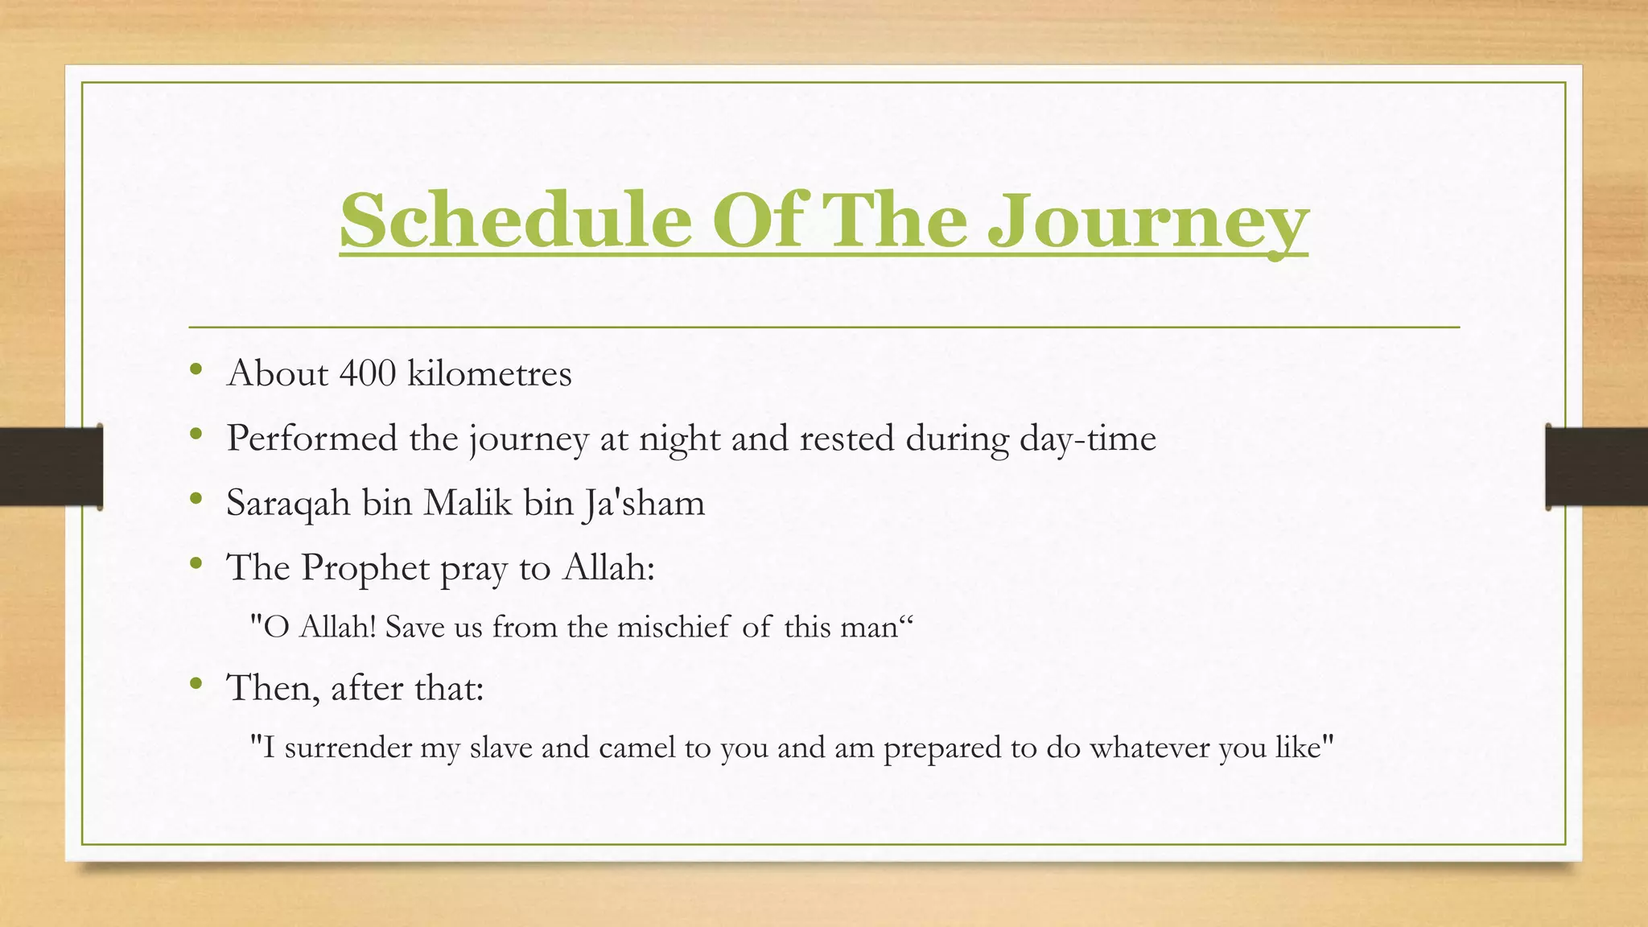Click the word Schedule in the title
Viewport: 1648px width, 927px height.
[515, 220]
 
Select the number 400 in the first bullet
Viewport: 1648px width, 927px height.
[367, 373]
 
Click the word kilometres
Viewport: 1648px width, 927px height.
[489, 373]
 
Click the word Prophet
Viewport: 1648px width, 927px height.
[365, 568]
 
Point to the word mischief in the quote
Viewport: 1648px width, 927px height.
[674, 627]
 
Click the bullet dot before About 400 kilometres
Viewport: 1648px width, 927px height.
[196, 370]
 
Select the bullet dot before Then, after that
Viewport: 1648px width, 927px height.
[196, 685]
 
